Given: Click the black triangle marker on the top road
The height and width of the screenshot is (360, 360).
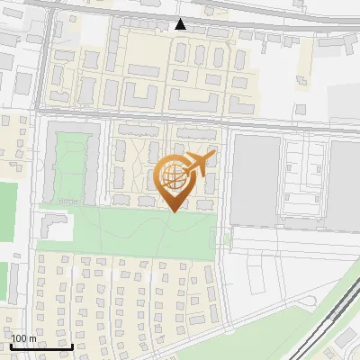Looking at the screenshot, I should (181, 24).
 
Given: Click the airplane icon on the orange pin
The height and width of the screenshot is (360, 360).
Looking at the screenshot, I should (199, 163).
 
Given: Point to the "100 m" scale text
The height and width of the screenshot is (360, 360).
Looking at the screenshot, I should (25, 338).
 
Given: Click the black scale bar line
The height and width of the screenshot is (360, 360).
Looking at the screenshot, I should (41, 346).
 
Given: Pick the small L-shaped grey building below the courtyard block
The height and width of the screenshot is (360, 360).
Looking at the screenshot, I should (54, 230).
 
